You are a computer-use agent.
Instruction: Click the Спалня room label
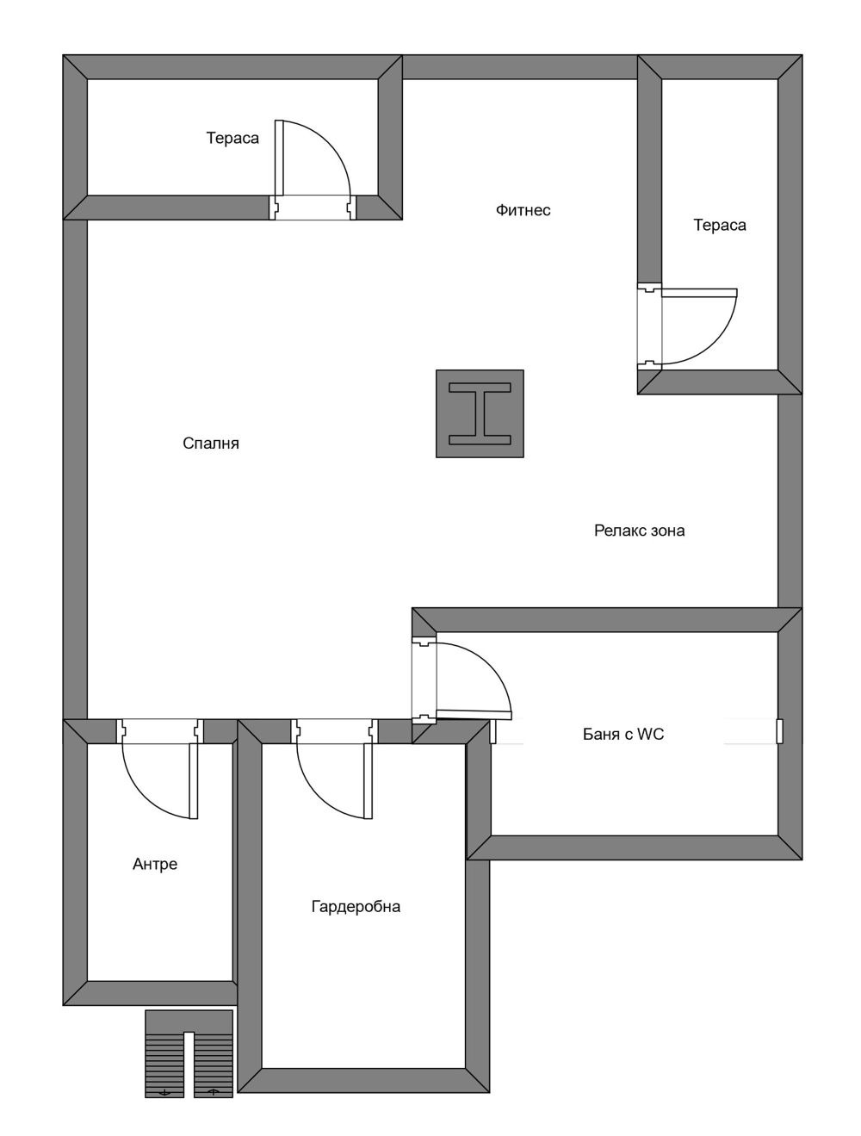pos(211,444)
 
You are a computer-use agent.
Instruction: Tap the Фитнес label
pos(523,210)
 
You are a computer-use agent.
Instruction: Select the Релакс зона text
pos(639,531)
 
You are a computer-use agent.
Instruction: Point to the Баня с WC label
pos(623,735)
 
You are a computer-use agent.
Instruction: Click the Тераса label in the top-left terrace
pos(232,138)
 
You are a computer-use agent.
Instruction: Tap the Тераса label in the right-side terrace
pos(719,225)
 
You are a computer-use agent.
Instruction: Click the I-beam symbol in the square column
pos(480,414)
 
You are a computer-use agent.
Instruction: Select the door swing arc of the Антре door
pos(144,797)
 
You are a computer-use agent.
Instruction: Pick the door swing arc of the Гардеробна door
pos(319,797)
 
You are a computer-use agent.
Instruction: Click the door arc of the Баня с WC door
pos(489,664)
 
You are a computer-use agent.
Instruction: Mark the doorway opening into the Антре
pos(159,731)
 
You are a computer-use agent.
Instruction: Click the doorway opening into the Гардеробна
pos(334,731)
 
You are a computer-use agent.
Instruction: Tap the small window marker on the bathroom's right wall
pos(780,731)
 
